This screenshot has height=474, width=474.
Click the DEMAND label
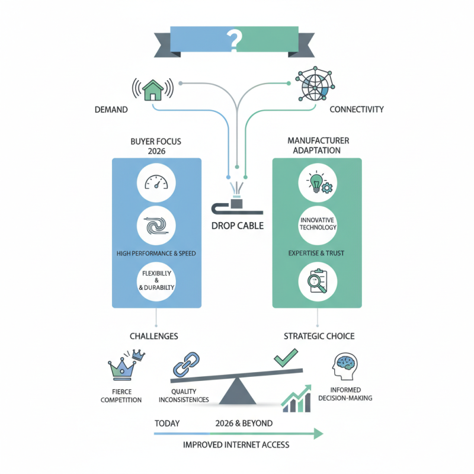point(111,110)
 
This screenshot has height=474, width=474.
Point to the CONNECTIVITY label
point(357,110)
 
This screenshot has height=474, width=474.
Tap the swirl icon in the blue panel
point(156,226)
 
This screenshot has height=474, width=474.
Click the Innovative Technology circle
point(319,224)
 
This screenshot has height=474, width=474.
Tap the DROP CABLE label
point(236,226)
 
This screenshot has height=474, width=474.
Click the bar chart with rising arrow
point(297,398)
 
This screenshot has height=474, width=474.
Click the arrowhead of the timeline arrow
point(319,434)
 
